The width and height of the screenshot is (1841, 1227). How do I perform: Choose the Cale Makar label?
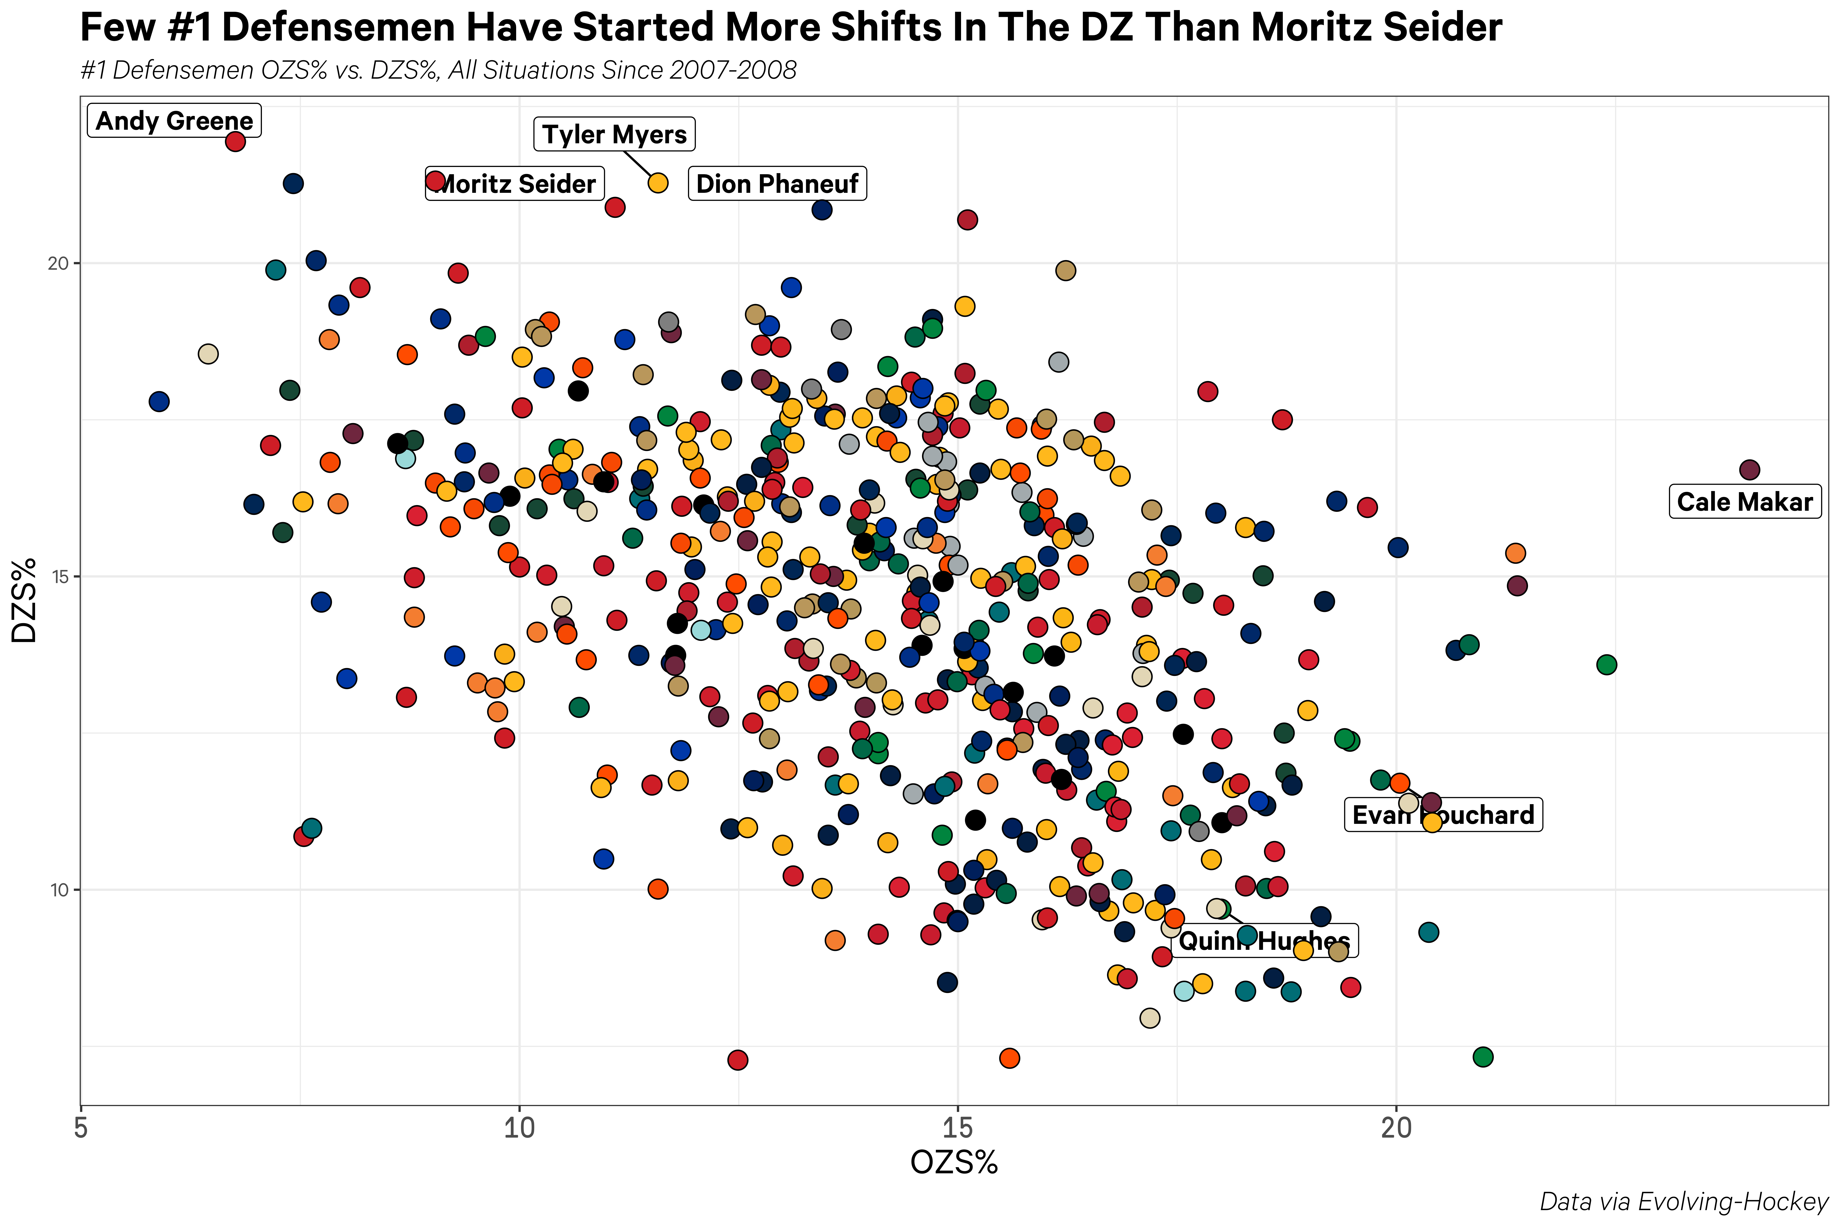[1745, 502]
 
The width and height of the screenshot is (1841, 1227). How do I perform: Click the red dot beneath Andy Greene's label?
[235, 142]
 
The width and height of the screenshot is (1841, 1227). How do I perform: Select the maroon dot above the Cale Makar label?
[1749, 470]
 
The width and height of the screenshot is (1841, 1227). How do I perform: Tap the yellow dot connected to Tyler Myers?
[658, 182]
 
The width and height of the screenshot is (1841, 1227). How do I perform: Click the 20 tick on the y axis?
[59, 264]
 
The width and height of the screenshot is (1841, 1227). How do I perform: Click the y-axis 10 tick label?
[59, 890]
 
